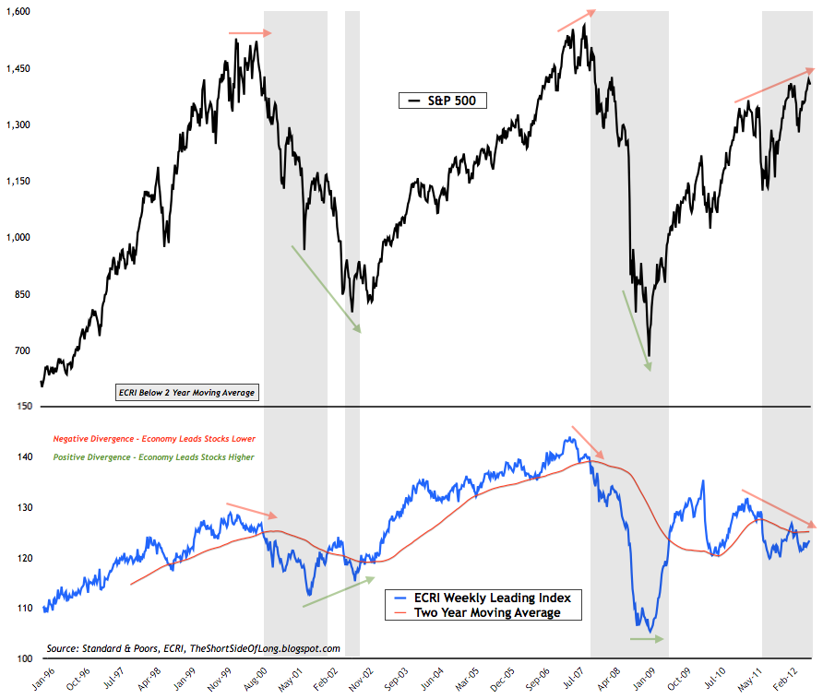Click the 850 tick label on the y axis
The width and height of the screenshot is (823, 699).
[x=22, y=295]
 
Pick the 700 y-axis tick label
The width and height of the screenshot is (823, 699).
[x=22, y=351]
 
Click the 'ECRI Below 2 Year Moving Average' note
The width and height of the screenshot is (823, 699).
[x=185, y=393]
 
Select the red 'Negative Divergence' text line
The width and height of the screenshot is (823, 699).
[x=155, y=439]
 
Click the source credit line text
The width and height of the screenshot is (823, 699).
[x=193, y=648]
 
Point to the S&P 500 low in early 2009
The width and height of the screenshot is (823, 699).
[x=650, y=355]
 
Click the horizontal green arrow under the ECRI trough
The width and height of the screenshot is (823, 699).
[x=647, y=638]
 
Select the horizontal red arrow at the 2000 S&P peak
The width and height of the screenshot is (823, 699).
[x=250, y=33]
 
